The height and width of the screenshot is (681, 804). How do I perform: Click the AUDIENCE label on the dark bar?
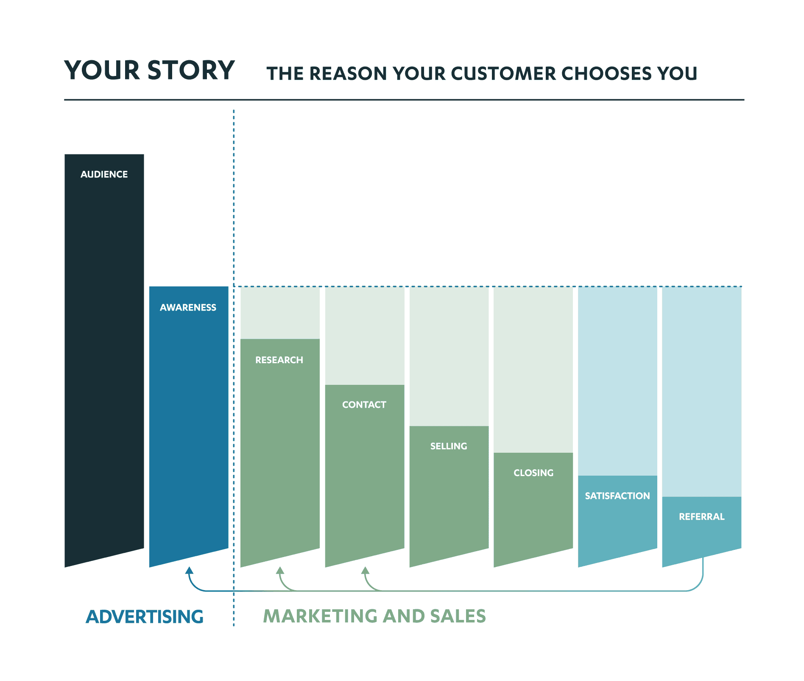[104, 174]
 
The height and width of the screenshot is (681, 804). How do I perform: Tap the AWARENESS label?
[188, 307]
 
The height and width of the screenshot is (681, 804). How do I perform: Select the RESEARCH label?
[279, 360]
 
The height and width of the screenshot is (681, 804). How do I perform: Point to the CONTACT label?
[364, 405]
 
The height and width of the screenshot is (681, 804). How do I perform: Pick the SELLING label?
[449, 446]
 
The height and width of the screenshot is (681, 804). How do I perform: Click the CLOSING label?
[533, 473]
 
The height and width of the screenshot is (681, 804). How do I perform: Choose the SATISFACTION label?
[617, 496]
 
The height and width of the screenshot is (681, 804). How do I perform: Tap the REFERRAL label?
[701, 516]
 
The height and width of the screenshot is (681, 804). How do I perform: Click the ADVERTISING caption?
[145, 617]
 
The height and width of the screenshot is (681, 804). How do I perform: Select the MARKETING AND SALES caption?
[374, 616]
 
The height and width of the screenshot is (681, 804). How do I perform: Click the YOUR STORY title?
[149, 70]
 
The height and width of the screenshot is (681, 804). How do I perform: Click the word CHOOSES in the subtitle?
[606, 73]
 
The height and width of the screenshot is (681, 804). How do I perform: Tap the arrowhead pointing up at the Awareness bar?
[190, 571]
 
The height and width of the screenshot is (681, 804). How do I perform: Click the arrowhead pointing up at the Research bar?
[280, 571]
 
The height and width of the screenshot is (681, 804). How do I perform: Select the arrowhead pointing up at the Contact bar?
[365, 571]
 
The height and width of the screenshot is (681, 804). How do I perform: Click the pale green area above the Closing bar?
[533, 369]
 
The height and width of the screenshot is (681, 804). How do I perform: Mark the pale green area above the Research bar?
[280, 313]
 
